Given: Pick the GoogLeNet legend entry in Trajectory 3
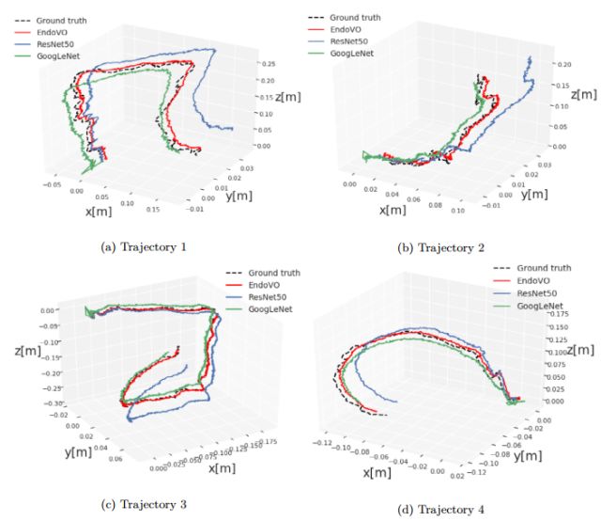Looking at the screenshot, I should tap(269, 310).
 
